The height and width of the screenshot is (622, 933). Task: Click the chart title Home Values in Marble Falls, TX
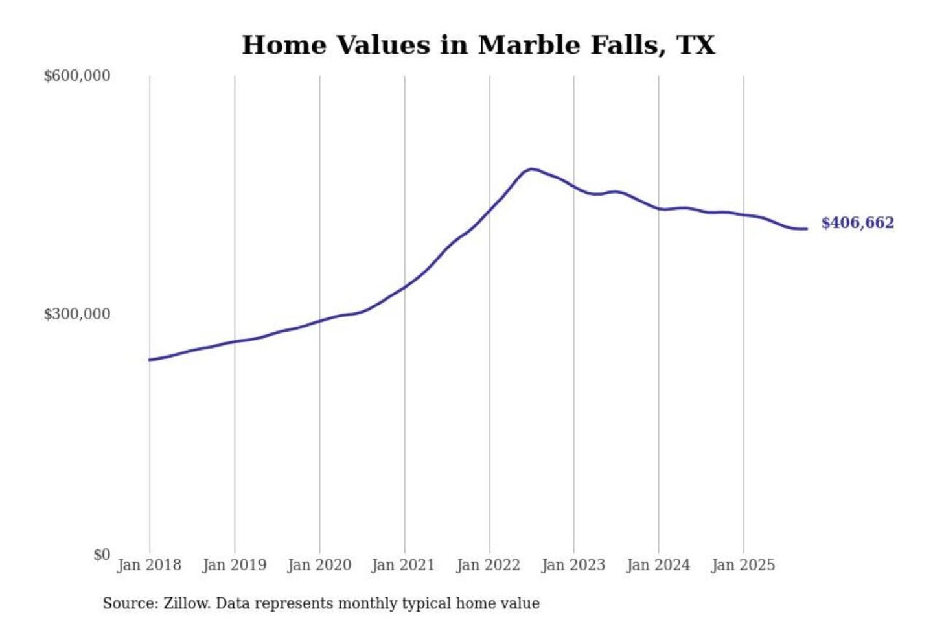tap(478, 45)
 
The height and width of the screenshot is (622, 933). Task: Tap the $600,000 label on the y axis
tap(76, 76)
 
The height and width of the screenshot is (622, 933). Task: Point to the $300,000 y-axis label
tap(76, 314)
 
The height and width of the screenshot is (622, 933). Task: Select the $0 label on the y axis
tap(101, 555)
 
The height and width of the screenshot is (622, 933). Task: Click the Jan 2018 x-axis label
tap(149, 565)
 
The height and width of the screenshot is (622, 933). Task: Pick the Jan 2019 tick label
tap(234, 565)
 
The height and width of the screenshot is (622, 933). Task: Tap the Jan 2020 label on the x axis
tap(319, 565)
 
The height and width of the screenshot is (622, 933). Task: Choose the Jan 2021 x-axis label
tap(403, 565)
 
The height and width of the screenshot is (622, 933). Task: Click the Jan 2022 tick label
tap(488, 565)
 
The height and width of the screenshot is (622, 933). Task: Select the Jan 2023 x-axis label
tap(573, 565)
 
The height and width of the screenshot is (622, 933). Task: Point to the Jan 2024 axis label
tap(658, 565)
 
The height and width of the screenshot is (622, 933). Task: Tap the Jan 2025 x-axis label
tap(743, 565)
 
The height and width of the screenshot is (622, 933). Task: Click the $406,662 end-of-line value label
tap(857, 223)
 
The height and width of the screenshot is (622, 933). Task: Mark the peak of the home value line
tap(531, 169)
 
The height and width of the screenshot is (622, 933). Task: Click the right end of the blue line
tap(806, 229)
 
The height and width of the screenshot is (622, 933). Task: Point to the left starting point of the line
tap(150, 360)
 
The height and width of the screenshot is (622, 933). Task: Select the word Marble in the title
tap(528, 45)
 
